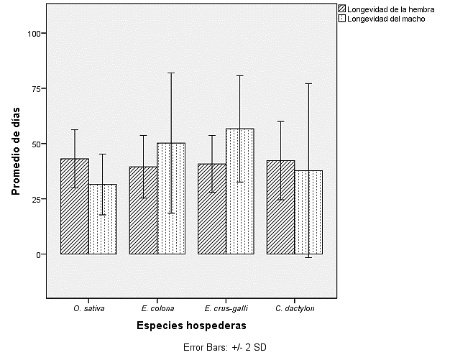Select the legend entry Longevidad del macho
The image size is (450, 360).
pyautogui.click(x=385, y=19)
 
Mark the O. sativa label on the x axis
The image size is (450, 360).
pyautogui.click(x=88, y=309)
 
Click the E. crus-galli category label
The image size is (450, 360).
pyautogui.click(x=226, y=309)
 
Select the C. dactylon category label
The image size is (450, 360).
pyautogui.click(x=294, y=309)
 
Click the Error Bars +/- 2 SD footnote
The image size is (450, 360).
pyautogui.click(x=224, y=347)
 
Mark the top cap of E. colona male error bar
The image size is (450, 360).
pyautogui.click(x=171, y=73)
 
